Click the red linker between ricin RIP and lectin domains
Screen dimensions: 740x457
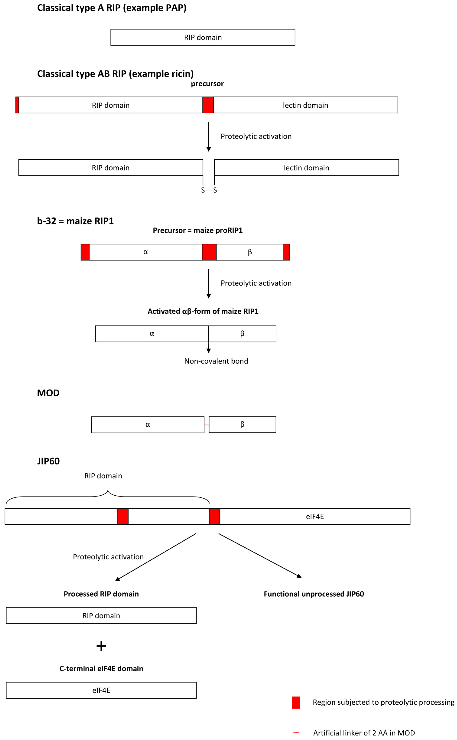[x=208, y=105]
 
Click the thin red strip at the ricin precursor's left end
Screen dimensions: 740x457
[x=17, y=105]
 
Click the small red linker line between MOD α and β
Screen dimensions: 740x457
[x=206, y=425]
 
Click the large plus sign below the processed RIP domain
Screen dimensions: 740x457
[x=101, y=646]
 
